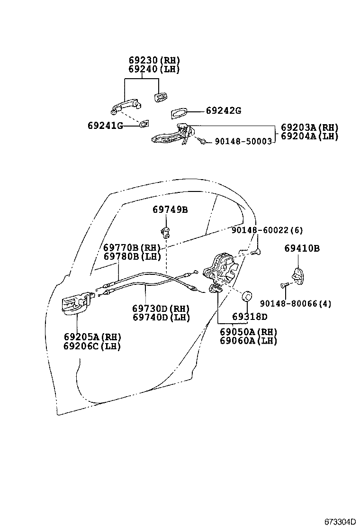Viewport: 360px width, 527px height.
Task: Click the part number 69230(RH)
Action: [x=154, y=60]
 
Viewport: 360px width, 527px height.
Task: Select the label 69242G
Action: [x=223, y=111]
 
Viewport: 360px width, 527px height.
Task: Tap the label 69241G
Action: [x=105, y=126]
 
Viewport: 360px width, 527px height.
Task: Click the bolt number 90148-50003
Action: [x=243, y=141]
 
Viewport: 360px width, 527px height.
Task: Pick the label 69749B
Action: [x=170, y=209]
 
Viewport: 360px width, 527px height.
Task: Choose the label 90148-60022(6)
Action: [x=267, y=230]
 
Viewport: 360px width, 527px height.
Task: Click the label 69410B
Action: [x=302, y=248]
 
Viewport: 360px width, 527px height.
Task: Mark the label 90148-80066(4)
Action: [x=295, y=304]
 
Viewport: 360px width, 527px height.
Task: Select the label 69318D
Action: [x=249, y=317]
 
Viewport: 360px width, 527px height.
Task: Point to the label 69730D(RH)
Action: [x=161, y=308]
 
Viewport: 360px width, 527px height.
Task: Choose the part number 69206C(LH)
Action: [x=92, y=346]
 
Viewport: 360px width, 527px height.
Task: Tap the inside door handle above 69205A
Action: [x=75, y=304]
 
